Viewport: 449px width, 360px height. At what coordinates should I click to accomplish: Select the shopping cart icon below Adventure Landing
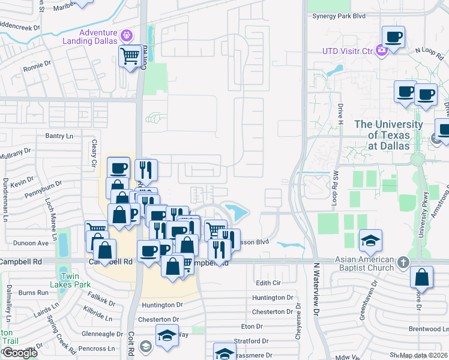pyautogui.click(x=130, y=56)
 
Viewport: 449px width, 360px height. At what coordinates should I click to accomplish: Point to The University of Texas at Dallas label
pyautogui.click(x=388, y=134)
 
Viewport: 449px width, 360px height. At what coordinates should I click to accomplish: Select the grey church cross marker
pyautogui.click(x=403, y=262)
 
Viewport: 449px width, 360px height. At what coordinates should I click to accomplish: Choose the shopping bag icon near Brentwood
pyautogui.click(x=422, y=277)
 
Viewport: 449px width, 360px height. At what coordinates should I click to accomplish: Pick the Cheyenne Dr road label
pyautogui.click(x=297, y=325)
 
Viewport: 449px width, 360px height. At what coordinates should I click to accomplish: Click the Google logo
pyautogui.click(x=20, y=353)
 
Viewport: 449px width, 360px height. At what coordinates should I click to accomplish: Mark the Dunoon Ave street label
pyautogui.click(x=34, y=243)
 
